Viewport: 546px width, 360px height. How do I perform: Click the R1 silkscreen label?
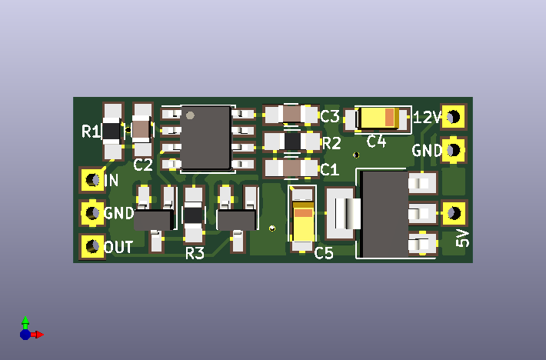91,132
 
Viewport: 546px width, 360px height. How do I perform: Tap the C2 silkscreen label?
143,165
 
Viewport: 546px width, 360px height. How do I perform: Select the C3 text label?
330,116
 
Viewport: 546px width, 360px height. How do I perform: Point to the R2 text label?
331,143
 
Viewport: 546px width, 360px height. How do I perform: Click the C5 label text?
324,253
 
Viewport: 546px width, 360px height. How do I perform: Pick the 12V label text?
428,118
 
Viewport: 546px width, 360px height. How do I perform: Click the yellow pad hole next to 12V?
454,117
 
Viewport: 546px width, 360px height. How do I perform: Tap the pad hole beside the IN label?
92,180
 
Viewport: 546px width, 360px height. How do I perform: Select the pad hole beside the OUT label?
92,246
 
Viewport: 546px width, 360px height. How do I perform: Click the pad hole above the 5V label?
454,213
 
